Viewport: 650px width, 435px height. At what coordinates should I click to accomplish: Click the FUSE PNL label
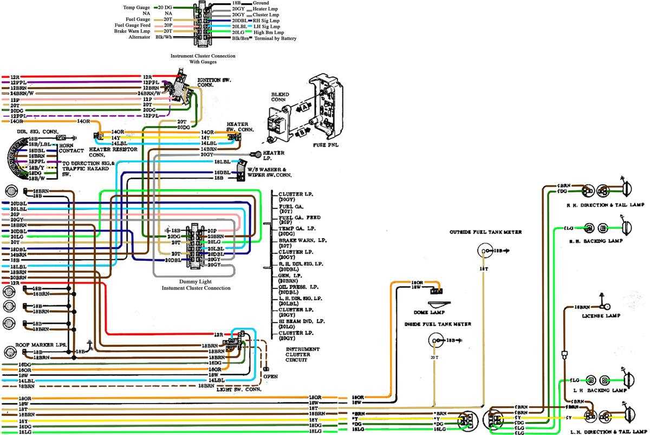point(326,146)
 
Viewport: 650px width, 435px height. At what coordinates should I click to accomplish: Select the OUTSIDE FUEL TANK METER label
point(485,232)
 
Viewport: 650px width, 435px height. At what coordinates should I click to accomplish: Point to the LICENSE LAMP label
point(601,315)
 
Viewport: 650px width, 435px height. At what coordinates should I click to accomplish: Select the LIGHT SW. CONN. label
point(239,389)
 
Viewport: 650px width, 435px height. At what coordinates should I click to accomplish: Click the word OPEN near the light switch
point(270,376)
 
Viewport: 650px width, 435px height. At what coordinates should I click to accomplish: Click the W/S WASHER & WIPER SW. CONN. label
point(269,172)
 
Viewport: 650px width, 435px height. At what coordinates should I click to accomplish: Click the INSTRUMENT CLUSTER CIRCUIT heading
point(303,354)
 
